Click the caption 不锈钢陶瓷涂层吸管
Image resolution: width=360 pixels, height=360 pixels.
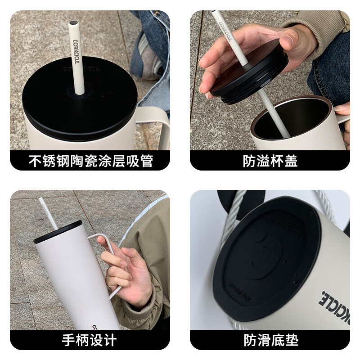click(x=90, y=161)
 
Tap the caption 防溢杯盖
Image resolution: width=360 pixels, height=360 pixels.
click(x=270, y=161)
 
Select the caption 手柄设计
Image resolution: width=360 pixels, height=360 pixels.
click(x=90, y=340)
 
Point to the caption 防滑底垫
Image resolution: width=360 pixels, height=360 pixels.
click(x=270, y=340)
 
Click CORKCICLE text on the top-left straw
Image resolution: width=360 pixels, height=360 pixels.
click(x=76, y=52)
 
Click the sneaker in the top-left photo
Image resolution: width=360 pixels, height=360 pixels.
click(x=148, y=58)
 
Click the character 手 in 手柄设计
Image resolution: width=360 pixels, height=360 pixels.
click(x=69, y=340)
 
